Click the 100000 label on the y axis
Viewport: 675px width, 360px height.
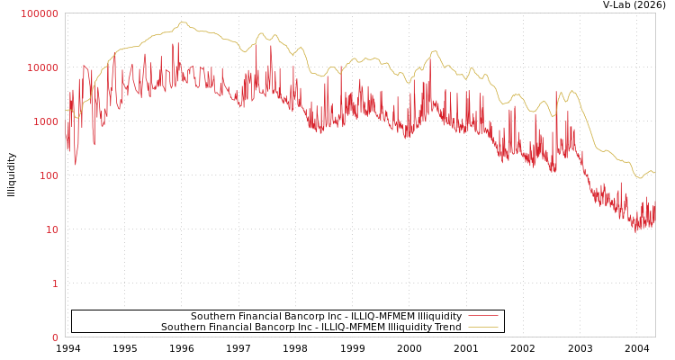tap(40, 13)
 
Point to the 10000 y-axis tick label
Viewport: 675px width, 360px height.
tap(42, 67)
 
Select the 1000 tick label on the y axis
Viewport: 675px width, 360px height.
tap(45, 121)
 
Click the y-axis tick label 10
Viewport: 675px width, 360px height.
tap(51, 229)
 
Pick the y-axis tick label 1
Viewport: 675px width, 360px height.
tap(55, 283)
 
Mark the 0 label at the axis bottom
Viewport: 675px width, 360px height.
tap(55, 337)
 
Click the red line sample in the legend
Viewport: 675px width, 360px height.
tap(483, 317)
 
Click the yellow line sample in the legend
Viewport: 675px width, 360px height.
tap(483, 328)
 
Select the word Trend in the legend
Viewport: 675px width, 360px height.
tap(447, 328)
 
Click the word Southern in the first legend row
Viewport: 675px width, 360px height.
tap(212, 317)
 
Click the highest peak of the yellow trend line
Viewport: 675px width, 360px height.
tap(183, 22)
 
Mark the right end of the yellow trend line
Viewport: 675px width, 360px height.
tap(654, 172)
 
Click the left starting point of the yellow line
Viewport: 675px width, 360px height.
tap(66, 110)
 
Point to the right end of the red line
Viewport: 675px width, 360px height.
tap(654, 212)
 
